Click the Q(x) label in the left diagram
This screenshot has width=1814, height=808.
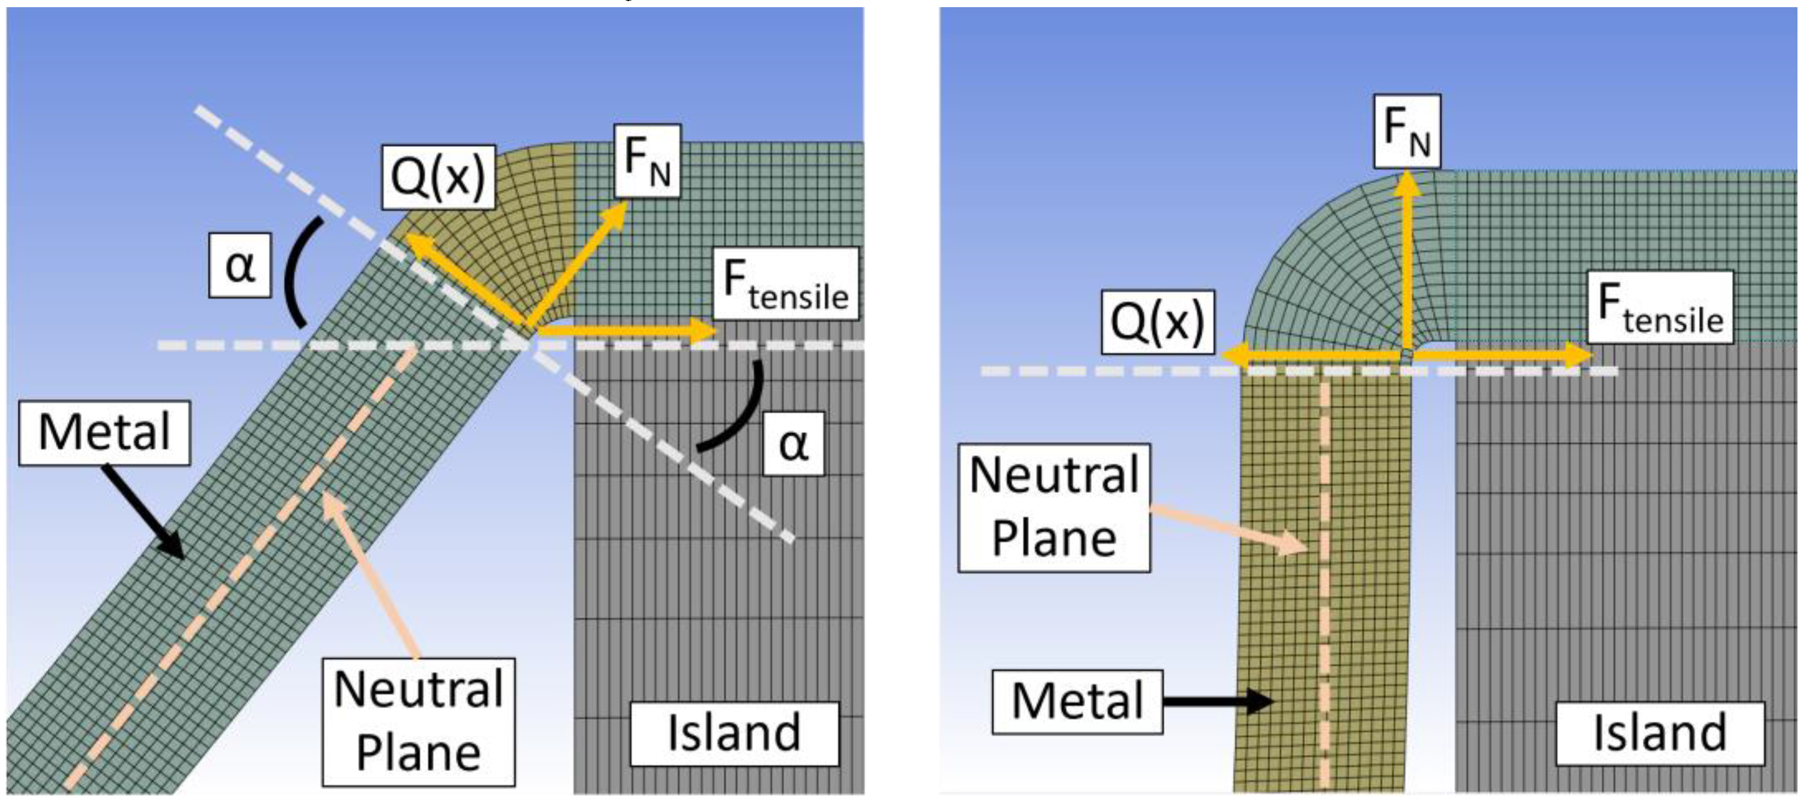pos(438,177)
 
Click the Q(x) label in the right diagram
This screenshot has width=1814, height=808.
pos(1158,321)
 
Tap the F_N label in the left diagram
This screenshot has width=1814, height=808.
pos(647,160)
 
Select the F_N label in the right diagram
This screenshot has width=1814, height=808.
pos(1406,131)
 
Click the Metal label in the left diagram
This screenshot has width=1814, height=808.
pos(104,433)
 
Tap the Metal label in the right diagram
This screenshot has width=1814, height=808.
pos(1077,702)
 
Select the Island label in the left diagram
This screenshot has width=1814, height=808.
pos(734,734)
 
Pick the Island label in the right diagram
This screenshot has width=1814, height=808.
pos(1659,734)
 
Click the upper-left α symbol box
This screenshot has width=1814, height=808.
pos(240,266)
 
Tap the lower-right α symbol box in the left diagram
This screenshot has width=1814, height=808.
pos(794,444)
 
